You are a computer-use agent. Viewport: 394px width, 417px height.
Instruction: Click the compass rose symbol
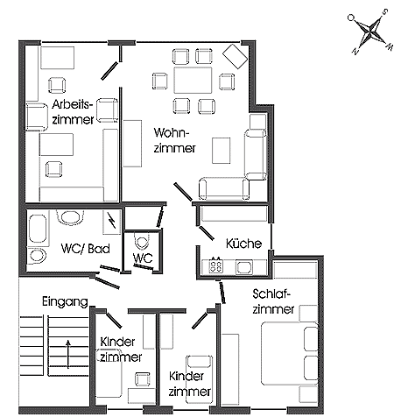(370, 32)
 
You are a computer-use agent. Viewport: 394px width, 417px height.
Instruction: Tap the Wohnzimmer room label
(174, 140)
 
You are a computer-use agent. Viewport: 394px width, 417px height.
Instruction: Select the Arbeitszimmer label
(73, 112)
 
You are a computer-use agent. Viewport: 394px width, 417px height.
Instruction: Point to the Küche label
(243, 244)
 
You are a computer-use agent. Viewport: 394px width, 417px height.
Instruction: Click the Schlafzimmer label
(273, 301)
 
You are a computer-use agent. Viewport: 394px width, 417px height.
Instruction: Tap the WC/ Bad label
(86, 249)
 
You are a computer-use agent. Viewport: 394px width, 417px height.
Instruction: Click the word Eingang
(65, 301)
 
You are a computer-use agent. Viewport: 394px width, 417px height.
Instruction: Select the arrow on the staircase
(68, 354)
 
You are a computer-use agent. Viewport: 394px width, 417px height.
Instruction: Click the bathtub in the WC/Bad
(38, 230)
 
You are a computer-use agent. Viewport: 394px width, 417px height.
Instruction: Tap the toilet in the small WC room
(142, 241)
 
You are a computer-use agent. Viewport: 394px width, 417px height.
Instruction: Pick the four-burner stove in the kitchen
(216, 265)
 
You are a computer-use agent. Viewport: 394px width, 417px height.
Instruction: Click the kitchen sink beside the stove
(244, 267)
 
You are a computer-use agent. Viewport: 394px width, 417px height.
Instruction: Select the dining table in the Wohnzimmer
(193, 80)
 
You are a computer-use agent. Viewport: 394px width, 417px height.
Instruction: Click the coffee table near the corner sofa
(221, 151)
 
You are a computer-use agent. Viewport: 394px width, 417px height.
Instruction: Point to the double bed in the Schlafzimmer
(289, 353)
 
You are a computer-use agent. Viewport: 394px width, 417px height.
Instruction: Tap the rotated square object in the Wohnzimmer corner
(235, 56)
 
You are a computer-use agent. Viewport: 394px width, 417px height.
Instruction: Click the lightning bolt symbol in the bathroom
(111, 220)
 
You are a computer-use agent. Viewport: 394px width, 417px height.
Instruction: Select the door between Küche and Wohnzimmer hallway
(207, 232)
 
